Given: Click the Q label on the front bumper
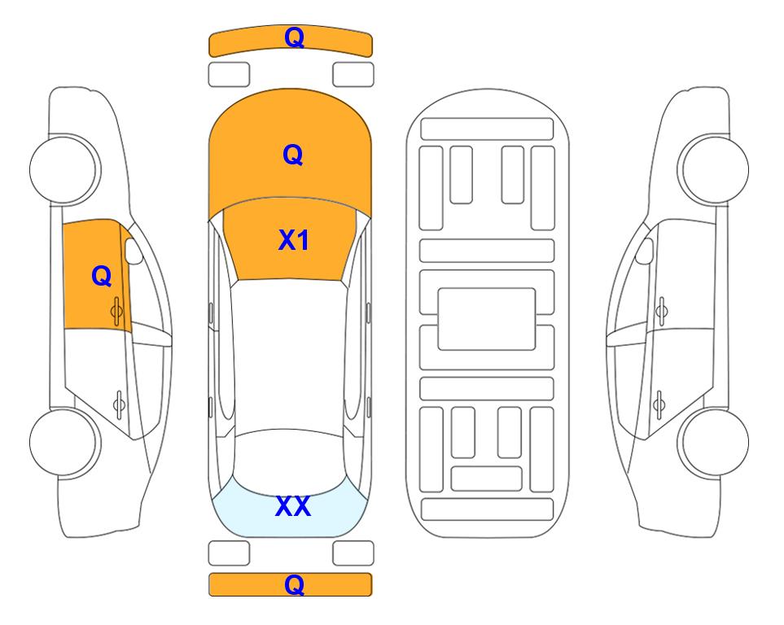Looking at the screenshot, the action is click(x=294, y=37).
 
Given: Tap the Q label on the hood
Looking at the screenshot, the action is click(x=293, y=155).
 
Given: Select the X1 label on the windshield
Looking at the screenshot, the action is click(x=294, y=240).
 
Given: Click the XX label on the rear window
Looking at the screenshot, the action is click(x=293, y=506).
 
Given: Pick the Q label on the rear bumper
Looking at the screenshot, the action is click(x=294, y=584).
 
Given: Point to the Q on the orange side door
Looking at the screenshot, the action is click(x=102, y=276).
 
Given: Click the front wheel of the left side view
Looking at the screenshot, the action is click(x=64, y=169).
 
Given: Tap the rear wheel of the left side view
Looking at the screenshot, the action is click(x=64, y=442).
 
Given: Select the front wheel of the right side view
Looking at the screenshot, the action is click(x=714, y=169).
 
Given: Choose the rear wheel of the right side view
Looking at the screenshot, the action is click(x=714, y=442).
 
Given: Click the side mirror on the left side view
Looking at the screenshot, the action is click(x=133, y=251).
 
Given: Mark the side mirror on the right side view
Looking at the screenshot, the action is click(x=645, y=251).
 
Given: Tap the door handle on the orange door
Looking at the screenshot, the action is click(x=116, y=312).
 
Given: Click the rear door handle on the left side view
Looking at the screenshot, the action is click(x=119, y=404).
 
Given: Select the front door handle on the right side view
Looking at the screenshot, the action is click(x=662, y=312).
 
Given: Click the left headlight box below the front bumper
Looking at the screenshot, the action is click(x=229, y=75).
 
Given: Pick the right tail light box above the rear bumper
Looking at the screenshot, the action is click(x=353, y=553).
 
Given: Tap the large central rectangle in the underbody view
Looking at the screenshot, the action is click(x=487, y=319).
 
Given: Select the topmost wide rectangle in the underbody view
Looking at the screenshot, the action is click(x=487, y=129).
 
